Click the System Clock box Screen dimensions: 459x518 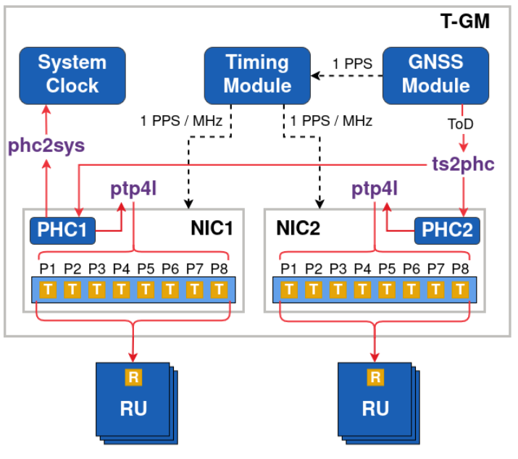(72, 74)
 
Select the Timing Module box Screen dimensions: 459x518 (257, 74)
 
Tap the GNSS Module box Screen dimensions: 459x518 (435, 74)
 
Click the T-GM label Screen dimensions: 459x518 (465, 22)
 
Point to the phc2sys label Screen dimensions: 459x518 (46, 146)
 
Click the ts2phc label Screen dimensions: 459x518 (460, 164)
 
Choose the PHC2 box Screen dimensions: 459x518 (447, 232)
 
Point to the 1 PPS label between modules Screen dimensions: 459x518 (353, 64)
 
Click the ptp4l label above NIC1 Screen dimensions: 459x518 (134, 189)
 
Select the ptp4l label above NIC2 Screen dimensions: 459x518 (375, 189)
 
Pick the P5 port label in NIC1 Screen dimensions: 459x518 (146, 269)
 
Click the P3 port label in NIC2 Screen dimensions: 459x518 (338, 269)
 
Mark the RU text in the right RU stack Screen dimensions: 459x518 (375, 408)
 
